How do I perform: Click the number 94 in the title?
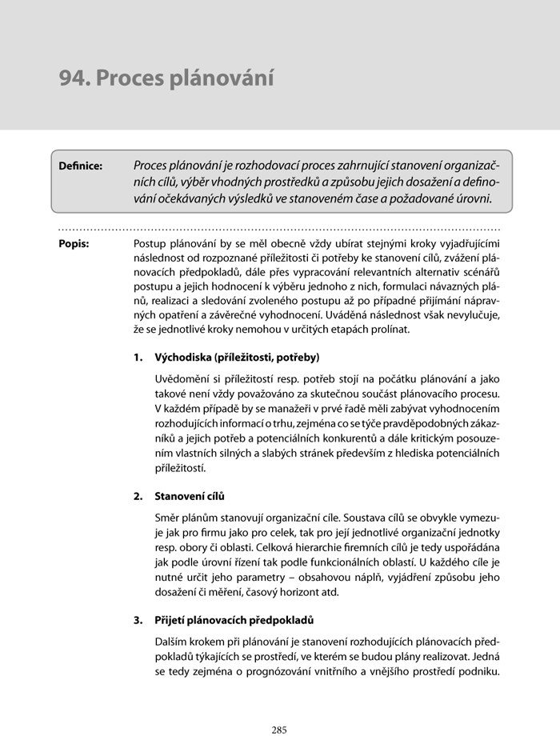click(74, 78)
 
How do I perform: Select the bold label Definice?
click(81, 166)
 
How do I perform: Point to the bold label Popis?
click(74, 242)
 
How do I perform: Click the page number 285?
click(279, 730)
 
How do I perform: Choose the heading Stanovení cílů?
click(189, 496)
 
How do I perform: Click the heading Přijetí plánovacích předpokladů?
click(234, 620)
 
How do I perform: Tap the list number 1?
click(138, 356)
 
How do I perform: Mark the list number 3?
click(138, 620)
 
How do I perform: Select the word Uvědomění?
click(182, 378)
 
